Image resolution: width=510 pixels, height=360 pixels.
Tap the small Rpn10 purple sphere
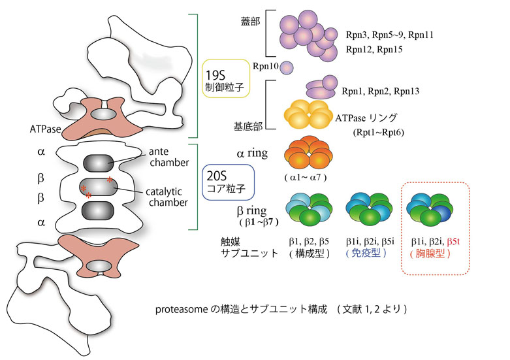(287, 67)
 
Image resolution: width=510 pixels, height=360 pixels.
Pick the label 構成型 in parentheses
(308, 253)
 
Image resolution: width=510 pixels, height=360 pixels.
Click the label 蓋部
(251, 23)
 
